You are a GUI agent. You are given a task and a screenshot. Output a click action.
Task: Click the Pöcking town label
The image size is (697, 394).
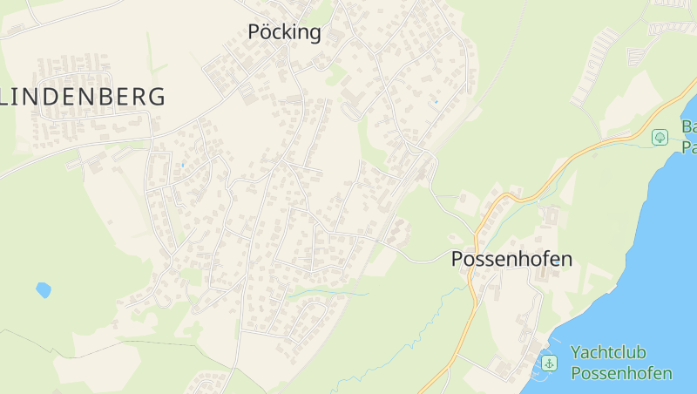pyautogui.click(x=284, y=33)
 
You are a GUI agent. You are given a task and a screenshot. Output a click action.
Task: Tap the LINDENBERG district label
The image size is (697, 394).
pyautogui.click(x=83, y=97)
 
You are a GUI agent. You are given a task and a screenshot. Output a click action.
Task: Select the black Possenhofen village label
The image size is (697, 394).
pyautogui.click(x=511, y=259)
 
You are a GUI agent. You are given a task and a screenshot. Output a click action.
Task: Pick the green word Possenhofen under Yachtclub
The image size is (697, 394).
pyautogui.click(x=621, y=373)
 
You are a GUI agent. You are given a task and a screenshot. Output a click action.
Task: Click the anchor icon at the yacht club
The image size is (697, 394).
pyautogui.click(x=549, y=362)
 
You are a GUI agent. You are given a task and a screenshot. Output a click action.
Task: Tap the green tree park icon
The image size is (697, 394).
pyautogui.click(x=660, y=137)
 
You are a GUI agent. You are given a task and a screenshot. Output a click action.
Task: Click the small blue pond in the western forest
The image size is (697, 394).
pyautogui.click(x=43, y=289)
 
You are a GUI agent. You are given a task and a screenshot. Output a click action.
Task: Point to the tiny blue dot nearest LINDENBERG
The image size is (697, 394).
pyautogui.click(x=183, y=164)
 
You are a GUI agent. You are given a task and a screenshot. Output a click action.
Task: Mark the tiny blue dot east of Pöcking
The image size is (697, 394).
pyautogui.click(x=436, y=102)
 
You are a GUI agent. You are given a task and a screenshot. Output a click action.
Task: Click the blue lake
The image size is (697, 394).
pyautogui.click(x=645, y=279)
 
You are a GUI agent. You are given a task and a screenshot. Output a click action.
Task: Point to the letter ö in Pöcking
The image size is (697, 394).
pyautogui.click(x=266, y=33)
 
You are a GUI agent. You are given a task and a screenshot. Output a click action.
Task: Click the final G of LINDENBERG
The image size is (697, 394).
pyautogui.click(x=156, y=97)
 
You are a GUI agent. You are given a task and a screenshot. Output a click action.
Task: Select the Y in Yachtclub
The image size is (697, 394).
pyautogui.click(x=577, y=352)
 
